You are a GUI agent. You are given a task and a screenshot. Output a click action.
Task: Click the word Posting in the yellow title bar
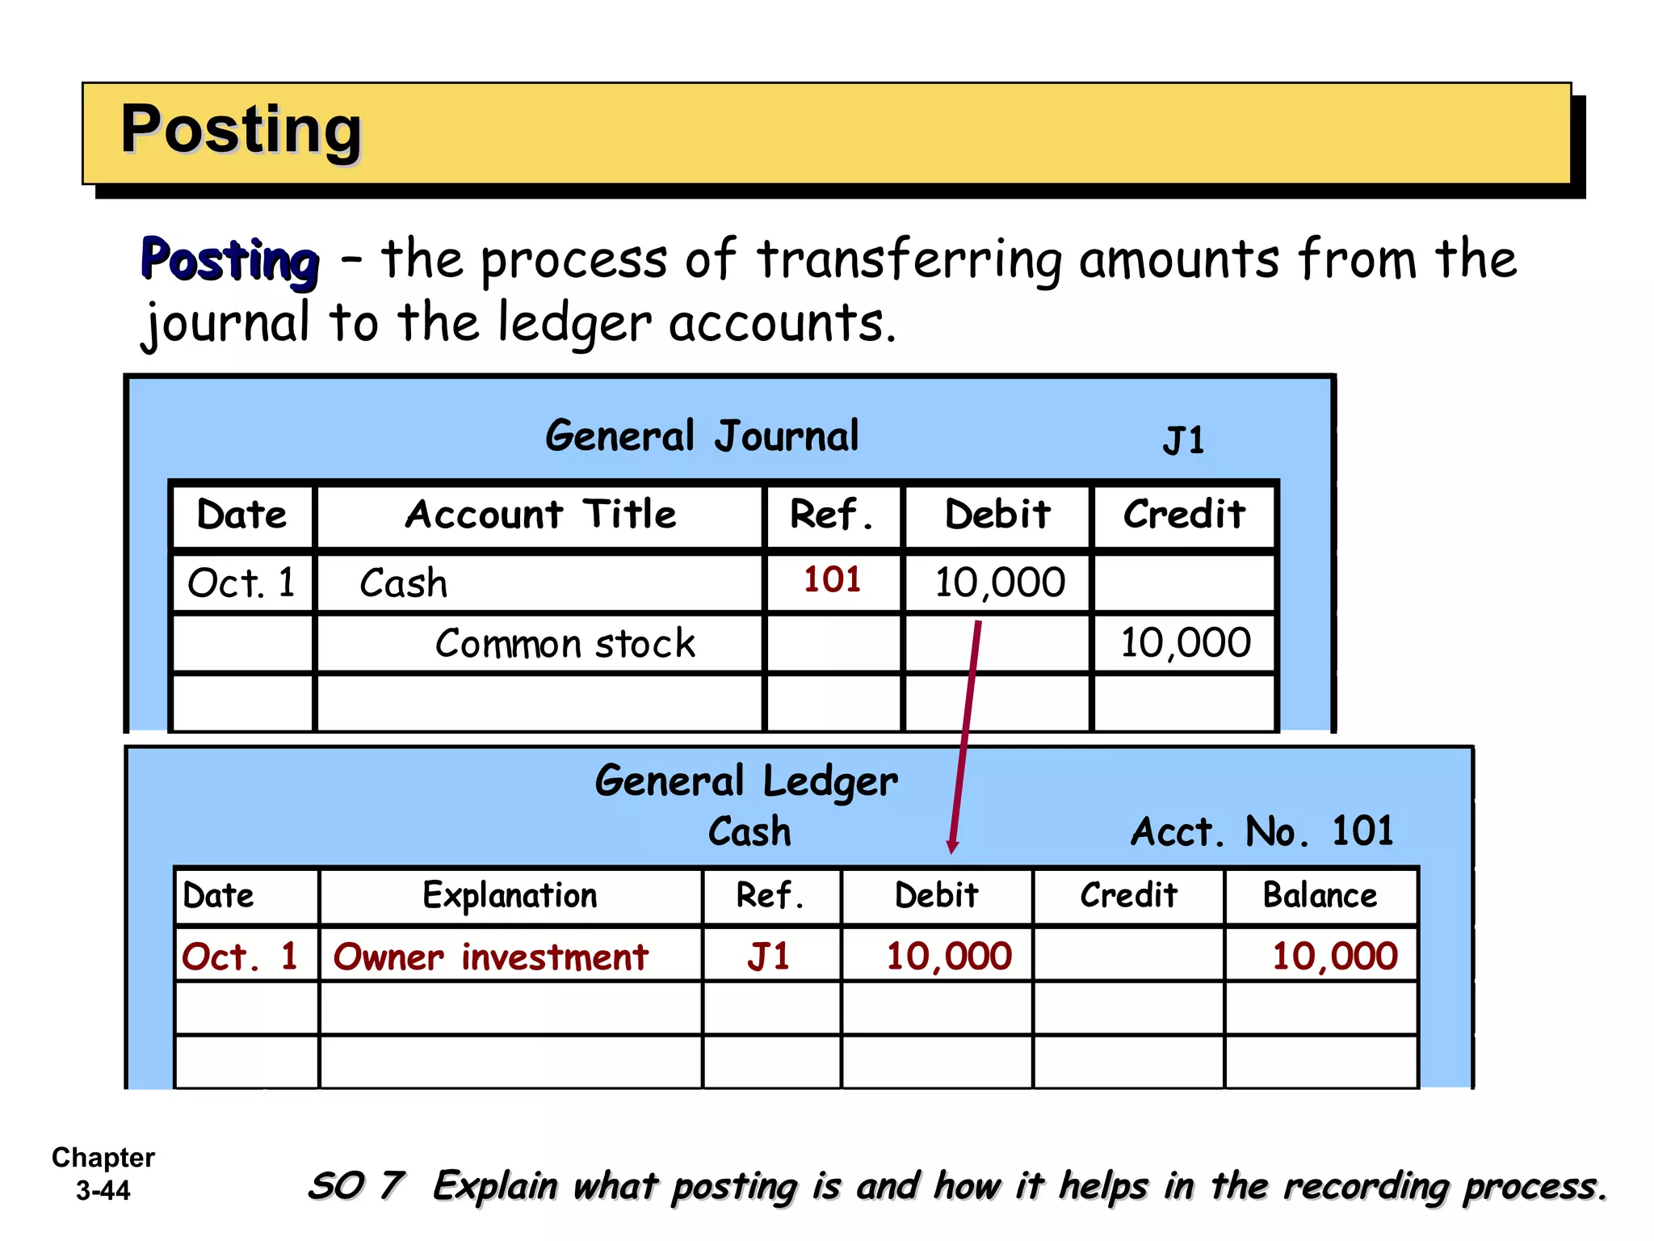pos(241,131)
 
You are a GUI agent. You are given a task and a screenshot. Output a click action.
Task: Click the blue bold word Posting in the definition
pos(230,260)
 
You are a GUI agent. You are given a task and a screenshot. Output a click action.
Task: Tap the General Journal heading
pos(702,436)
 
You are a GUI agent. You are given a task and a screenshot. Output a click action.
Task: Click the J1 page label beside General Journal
pos(1183,441)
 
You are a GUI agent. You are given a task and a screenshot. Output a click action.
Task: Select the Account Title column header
pos(540,515)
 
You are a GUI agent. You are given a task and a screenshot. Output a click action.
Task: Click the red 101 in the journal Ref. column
pos(832,579)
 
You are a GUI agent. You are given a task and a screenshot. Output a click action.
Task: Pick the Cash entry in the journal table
pos(403,583)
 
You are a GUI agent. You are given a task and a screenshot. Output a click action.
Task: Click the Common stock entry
pos(565,644)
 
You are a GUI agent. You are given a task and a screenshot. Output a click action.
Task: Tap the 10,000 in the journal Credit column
pos(1185,643)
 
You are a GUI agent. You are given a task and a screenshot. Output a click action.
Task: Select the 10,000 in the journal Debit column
pos(999,583)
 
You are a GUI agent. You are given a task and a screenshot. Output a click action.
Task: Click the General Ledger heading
pos(745,781)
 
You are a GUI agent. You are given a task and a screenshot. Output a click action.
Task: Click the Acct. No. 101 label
pos(1261,831)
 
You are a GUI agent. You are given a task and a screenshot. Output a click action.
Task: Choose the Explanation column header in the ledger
pos(510,895)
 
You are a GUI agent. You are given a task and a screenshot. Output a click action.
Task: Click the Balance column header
pos(1320,895)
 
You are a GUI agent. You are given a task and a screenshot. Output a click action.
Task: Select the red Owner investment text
pos(490,957)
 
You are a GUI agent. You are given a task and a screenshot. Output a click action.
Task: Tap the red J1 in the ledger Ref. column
pos(768,957)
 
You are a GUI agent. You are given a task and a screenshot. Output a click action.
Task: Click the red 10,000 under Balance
pos(1334,957)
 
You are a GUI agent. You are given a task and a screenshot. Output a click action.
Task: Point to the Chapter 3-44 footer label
pos(103,1174)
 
